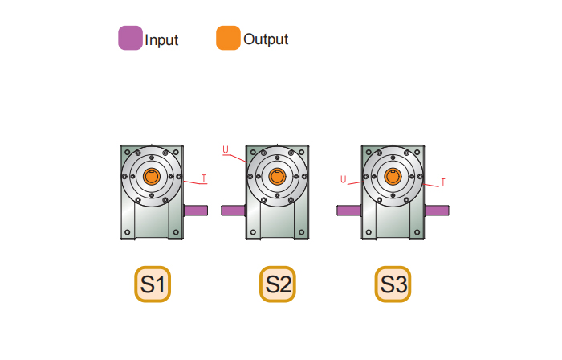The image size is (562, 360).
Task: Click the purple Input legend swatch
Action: pos(130,38)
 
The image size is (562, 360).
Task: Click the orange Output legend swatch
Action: pos(228,38)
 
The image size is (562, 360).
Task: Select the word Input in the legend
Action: pos(161,40)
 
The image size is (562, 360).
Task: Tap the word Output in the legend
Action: pos(266,39)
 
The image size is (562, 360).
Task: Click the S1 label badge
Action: pos(153,284)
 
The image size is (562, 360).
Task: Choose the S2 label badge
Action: pos(278,284)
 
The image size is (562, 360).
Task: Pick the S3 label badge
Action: pos(393,284)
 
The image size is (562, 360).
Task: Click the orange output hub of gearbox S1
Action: pos(152,177)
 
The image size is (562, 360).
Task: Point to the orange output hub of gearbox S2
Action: pos(277,177)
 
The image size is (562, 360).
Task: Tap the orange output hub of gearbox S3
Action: pos(393,177)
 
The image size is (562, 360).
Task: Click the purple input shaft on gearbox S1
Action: pos(196,211)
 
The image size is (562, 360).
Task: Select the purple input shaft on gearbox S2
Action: pos(234,211)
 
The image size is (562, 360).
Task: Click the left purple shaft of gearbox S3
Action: pos(349,211)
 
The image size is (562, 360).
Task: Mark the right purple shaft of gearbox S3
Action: pos(437,211)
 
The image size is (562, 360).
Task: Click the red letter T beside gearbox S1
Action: pos(204,178)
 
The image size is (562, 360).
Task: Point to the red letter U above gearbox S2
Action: pos(226,149)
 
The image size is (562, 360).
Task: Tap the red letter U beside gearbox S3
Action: pos(344,179)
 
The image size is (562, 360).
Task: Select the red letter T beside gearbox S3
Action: pos(443,182)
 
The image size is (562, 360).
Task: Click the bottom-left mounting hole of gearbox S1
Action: pos(127,232)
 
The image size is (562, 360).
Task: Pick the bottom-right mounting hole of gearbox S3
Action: pos(417,232)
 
